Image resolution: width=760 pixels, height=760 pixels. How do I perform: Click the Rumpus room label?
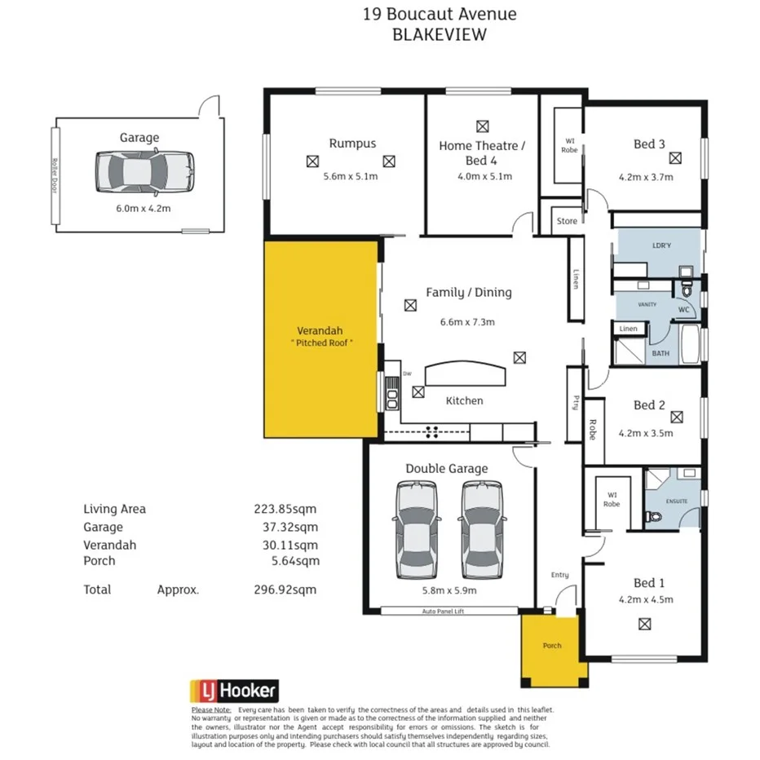[352, 143]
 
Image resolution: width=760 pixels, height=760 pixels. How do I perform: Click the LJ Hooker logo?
[234, 692]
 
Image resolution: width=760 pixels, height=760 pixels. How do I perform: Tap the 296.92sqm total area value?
[285, 590]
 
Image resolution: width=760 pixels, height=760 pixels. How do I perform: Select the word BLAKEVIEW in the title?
[440, 34]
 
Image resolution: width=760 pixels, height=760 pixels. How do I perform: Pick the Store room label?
[567, 221]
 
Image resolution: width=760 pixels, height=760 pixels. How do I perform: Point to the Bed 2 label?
[644, 404]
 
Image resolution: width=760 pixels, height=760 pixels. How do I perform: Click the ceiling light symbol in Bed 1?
[644, 624]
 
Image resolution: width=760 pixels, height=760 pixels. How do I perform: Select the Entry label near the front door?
[559, 575]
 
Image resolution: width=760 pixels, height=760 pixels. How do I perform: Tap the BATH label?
[660, 354]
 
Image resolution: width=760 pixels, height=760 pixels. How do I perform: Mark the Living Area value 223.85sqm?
[285, 509]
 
